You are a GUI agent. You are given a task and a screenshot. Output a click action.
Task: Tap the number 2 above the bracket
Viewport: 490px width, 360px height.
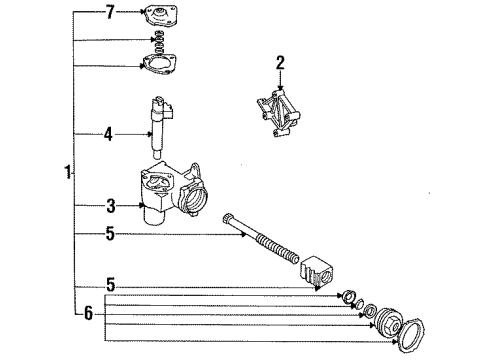281,63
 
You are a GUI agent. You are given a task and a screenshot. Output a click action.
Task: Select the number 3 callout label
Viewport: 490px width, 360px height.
112,207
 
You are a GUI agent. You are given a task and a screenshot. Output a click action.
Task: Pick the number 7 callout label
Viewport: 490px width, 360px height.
111,13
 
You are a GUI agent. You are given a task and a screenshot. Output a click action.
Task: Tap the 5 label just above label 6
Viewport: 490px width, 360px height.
112,286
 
